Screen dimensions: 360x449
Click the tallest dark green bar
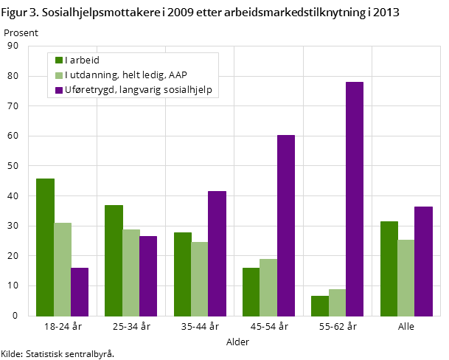[45, 247]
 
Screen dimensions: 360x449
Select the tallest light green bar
[63, 269]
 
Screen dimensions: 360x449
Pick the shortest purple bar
[80, 291]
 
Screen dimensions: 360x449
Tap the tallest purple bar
[355, 198]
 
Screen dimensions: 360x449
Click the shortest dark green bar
[320, 305]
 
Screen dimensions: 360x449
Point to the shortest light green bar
[337, 302]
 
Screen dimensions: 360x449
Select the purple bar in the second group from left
[148, 276]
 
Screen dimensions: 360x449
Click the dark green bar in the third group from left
[183, 274]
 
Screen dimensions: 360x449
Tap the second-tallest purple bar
[286, 225]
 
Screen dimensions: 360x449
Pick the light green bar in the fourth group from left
[268, 287]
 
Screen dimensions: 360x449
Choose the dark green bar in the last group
[389, 269]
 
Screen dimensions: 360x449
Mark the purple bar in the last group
[423, 261]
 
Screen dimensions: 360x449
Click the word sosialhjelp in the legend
[188, 91]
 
